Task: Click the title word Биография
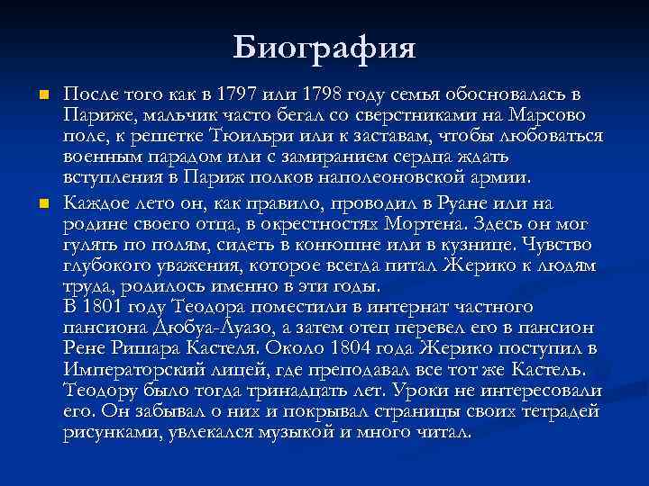pos(324,47)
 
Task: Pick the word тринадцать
pos(311,391)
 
